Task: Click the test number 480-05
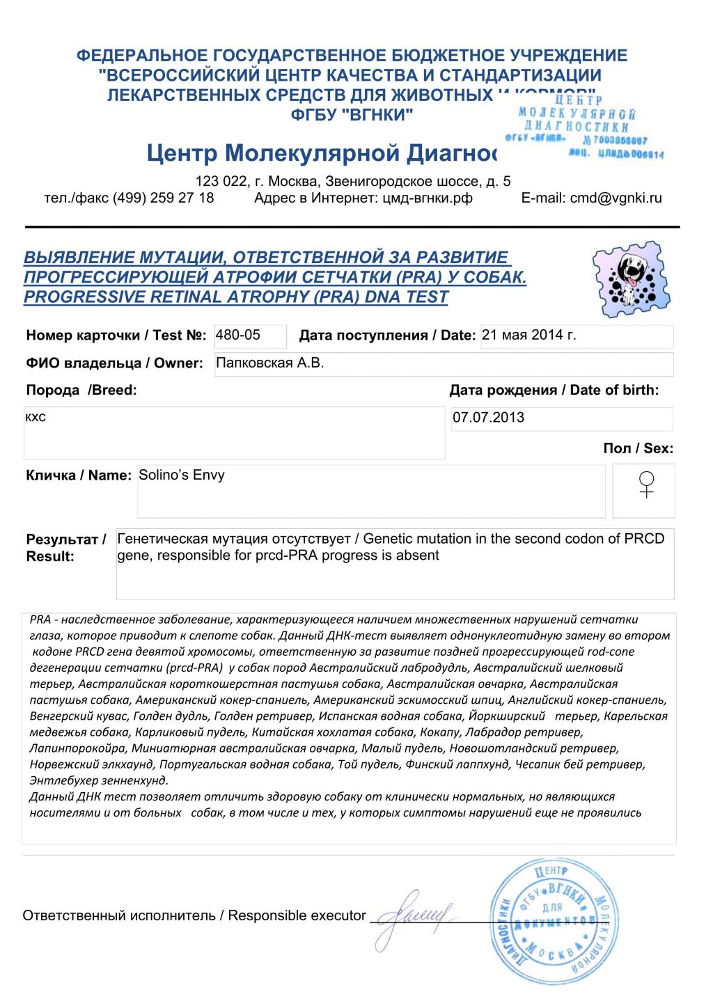[x=238, y=335]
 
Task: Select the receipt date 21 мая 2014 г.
[x=528, y=335]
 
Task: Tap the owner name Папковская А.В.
[x=270, y=363]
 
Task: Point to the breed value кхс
[x=36, y=417]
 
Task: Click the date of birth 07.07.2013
[x=488, y=418]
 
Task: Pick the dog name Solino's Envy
[x=182, y=475]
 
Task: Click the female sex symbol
[x=646, y=485]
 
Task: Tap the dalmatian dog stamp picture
[x=631, y=279]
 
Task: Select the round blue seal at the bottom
[x=553, y=920]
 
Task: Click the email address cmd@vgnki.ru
[x=616, y=198]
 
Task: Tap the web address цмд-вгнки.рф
[x=428, y=198]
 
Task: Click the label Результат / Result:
[x=65, y=547]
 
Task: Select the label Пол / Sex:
[x=638, y=448]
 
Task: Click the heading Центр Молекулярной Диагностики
[x=322, y=152]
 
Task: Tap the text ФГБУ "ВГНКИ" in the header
[x=352, y=114]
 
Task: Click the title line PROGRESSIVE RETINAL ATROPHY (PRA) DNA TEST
[x=236, y=297]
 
